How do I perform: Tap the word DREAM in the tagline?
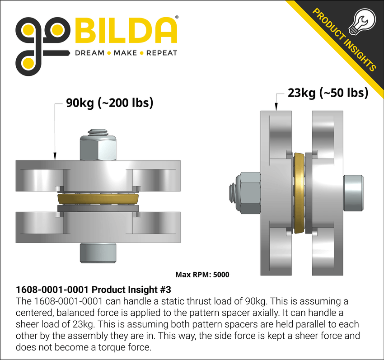(89, 53)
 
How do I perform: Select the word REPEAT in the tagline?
(161, 53)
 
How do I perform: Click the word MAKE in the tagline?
(125, 53)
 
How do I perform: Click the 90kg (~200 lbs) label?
(110, 103)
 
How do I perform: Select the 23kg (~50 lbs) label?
(328, 93)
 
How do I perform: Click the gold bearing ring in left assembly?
(98, 199)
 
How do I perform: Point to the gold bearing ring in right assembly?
(299, 193)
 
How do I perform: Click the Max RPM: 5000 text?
(205, 274)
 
